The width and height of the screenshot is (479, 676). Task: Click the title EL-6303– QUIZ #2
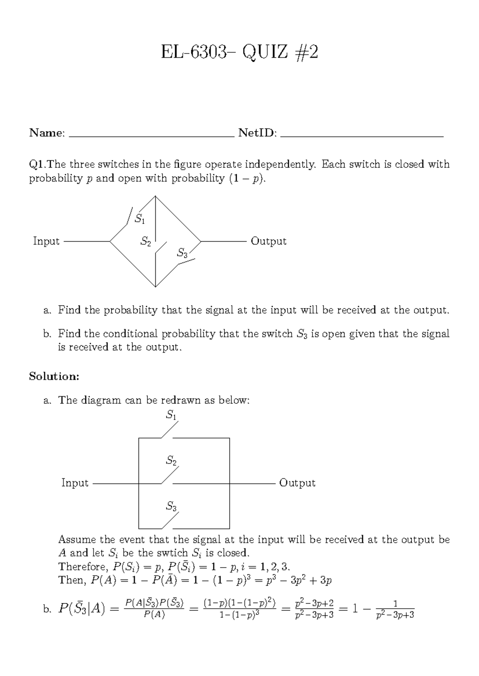tap(239, 52)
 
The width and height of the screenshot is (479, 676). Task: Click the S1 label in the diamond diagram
tap(140, 218)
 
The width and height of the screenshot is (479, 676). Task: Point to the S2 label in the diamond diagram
tap(146, 241)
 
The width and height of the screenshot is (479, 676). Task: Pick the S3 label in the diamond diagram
tap(182, 253)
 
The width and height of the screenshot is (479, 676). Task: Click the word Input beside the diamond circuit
tap(46, 241)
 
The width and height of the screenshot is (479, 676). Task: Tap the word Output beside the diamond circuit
tap(268, 241)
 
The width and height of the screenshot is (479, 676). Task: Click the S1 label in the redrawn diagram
tap(171, 415)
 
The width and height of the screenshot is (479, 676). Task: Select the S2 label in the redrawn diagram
tap(171, 461)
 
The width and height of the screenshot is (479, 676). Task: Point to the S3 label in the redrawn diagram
tap(171, 507)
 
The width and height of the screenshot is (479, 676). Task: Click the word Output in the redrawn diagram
tap(297, 483)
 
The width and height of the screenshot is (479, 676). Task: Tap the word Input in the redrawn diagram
tap(75, 483)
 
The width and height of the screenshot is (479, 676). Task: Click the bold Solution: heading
tap(54, 376)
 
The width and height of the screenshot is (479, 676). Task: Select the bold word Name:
tap(47, 133)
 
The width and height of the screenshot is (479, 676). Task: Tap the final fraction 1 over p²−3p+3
tap(395, 609)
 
